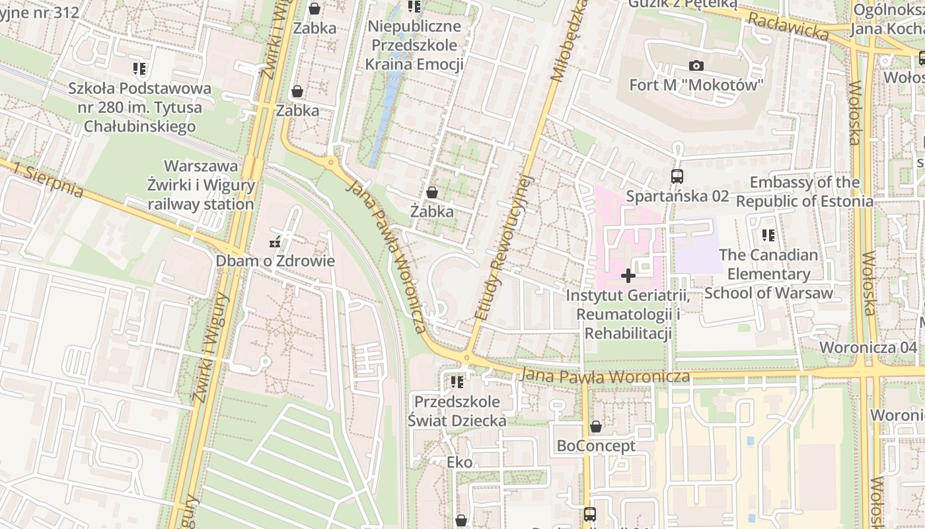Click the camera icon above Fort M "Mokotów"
pyautogui.click(x=696, y=65)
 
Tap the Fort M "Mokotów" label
pyautogui.click(x=696, y=85)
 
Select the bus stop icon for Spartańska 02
pyautogui.click(x=677, y=177)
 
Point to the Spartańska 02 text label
pyautogui.click(x=677, y=196)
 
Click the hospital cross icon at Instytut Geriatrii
pyautogui.click(x=628, y=275)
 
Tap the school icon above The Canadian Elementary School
pyautogui.click(x=768, y=235)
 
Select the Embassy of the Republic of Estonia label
pyautogui.click(x=804, y=192)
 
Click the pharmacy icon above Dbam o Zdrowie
pyautogui.click(x=275, y=243)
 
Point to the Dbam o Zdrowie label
pyautogui.click(x=275, y=261)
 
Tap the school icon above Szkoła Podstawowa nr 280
pyautogui.click(x=139, y=69)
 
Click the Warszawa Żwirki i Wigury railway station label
pyautogui.click(x=200, y=185)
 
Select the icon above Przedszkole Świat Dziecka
pyautogui.click(x=457, y=382)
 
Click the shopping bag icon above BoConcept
pyautogui.click(x=596, y=427)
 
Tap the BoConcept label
pyautogui.click(x=596, y=446)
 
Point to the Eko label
pyautogui.click(x=460, y=462)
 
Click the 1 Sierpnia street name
pyautogui.click(x=47, y=179)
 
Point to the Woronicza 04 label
pyautogui.click(x=868, y=348)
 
